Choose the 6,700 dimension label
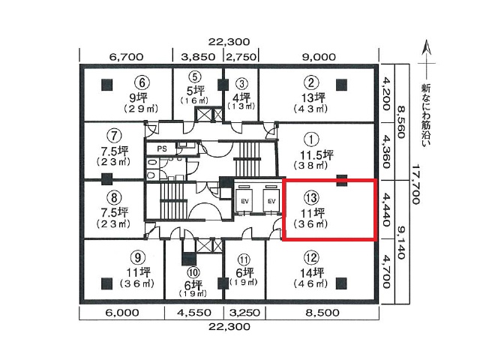(126, 56)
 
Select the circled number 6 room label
(139, 82)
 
